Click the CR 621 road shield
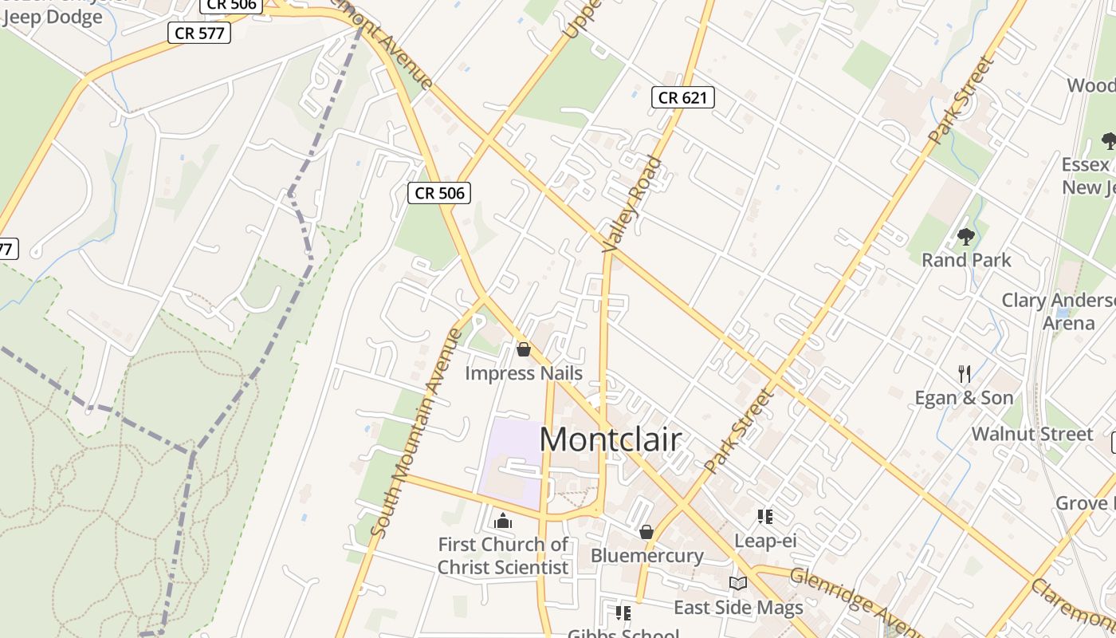(x=682, y=97)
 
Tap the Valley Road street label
(x=633, y=204)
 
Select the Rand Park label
(x=966, y=260)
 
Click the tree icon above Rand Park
(x=966, y=237)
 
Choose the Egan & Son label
(x=964, y=398)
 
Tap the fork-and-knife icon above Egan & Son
(x=965, y=373)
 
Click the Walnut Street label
(x=1032, y=434)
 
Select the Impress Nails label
(x=524, y=373)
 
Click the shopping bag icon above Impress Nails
(x=524, y=349)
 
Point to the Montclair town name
(x=611, y=439)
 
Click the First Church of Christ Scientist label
(x=503, y=556)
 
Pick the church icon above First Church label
(x=503, y=522)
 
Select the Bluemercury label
(x=646, y=556)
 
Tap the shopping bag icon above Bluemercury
(x=646, y=531)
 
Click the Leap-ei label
(x=765, y=541)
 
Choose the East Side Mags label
(x=738, y=608)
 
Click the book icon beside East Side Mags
(x=738, y=584)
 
